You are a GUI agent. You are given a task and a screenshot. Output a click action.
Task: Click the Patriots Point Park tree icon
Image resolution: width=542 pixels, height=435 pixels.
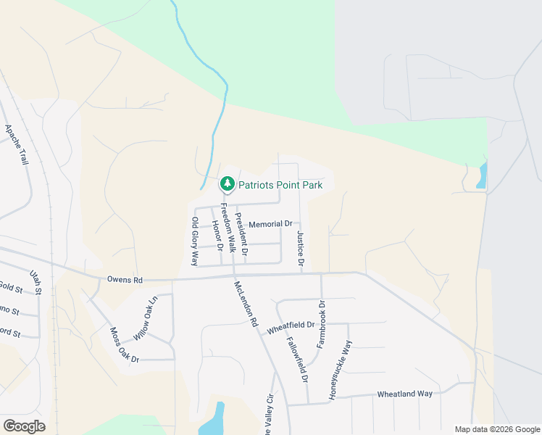tap(228, 184)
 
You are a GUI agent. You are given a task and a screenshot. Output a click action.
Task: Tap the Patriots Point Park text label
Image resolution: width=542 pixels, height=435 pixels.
tap(280, 185)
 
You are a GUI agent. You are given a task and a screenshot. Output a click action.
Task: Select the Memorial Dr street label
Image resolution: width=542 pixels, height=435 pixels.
tap(270, 225)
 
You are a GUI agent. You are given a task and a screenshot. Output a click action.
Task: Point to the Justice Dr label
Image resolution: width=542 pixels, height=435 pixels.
tap(300, 247)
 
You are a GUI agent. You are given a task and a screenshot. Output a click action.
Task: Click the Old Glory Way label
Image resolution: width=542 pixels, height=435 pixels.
tap(194, 241)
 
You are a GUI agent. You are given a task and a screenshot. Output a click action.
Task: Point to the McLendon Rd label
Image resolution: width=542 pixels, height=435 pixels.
tap(246, 304)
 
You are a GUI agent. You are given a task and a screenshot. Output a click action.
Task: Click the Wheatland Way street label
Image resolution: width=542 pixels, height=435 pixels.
tap(404, 394)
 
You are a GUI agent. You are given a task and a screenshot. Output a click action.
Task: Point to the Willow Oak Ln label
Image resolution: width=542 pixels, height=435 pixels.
tap(146, 319)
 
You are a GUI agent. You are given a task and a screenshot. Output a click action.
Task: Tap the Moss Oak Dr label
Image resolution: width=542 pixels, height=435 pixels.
tap(124, 345)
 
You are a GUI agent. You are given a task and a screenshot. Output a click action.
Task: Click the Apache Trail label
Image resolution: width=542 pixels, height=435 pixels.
tap(17, 145)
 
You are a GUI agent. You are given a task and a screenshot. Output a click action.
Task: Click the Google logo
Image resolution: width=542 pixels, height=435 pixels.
tap(24, 426)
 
